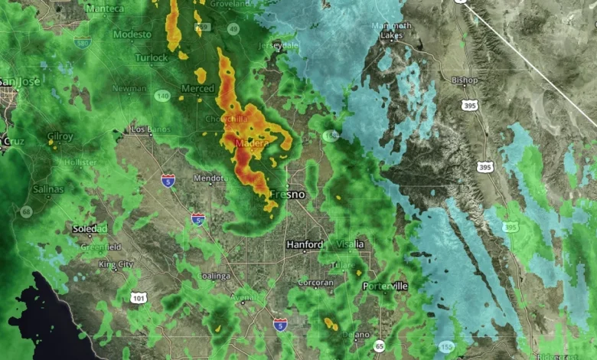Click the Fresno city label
click(287, 195)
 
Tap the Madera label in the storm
click(250, 142)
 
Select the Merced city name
click(197, 89)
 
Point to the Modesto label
click(132, 34)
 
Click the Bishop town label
click(465, 80)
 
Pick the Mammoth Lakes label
click(391, 31)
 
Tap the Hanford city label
click(305, 244)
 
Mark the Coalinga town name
click(213, 276)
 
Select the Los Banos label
click(149, 129)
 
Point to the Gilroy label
click(60, 136)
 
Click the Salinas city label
click(48, 188)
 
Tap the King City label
click(116, 264)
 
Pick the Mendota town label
click(207, 178)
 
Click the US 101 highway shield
click(138, 297)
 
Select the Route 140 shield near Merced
click(161, 96)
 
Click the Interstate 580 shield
click(83, 44)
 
